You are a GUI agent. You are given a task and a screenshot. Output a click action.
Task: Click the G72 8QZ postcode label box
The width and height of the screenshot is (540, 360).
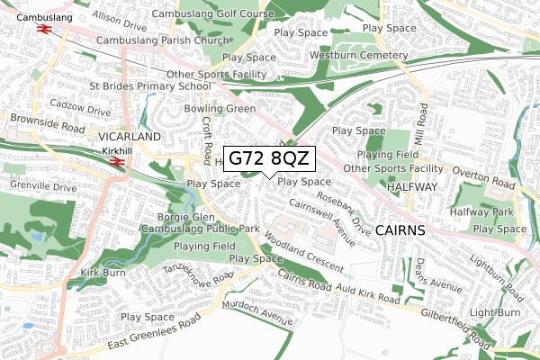269,158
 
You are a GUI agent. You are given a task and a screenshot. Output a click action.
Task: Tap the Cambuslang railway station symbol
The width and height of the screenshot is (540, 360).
42,27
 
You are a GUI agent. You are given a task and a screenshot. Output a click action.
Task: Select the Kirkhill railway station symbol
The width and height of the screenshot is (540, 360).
115,162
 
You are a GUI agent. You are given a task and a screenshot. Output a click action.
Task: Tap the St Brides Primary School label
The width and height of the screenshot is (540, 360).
149,86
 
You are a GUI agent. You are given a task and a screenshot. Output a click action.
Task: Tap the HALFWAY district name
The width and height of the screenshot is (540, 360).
411,186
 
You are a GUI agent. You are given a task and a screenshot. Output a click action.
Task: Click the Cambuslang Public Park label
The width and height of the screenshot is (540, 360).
200,229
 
